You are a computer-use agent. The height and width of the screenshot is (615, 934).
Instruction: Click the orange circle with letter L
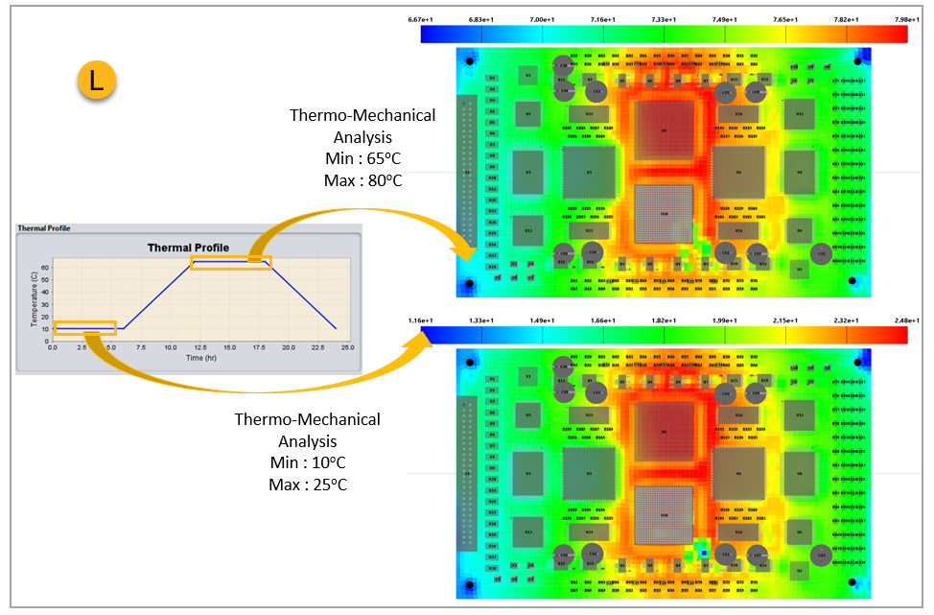pyautogui.click(x=96, y=82)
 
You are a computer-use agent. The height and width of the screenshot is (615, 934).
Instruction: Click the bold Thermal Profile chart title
pyautogui.click(x=188, y=248)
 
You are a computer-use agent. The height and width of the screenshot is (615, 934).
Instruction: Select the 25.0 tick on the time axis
pyautogui.click(x=347, y=347)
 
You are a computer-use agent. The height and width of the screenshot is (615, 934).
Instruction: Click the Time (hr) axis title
pyautogui.click(x=200, y=358)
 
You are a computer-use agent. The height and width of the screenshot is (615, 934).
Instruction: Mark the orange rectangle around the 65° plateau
pyautogui.click(x=230, y=262)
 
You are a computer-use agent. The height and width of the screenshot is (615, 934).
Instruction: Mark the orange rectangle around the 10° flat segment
pyautogui.click(x=85, y=327)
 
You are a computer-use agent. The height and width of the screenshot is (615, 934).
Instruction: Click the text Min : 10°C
pyautogui.click(x=307, y=463)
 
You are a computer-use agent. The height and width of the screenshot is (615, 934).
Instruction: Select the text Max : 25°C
pyautogui.click(x=308, y=485)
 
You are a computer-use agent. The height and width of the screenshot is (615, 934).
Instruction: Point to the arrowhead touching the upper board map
pyautogui.click(x=467, y=254)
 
